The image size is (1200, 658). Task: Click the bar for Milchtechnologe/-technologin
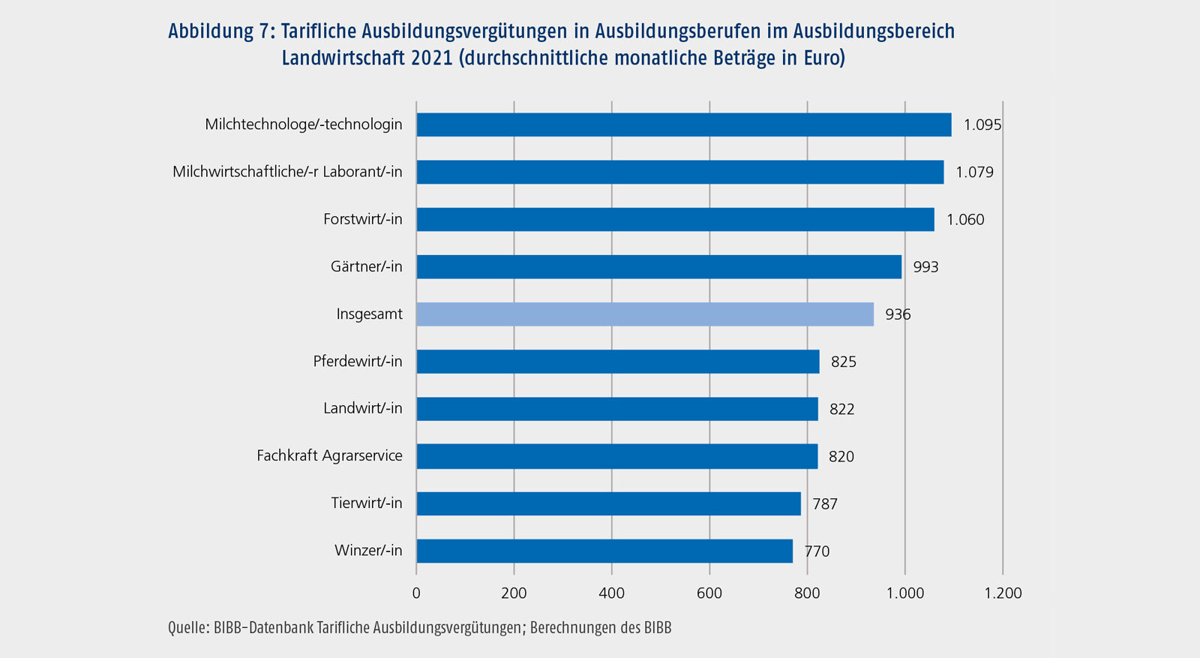click(x=683, y=125)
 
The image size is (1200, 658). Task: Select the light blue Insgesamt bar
click(x=645, y=314)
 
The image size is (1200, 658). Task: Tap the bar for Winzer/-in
click(x=604, y=551)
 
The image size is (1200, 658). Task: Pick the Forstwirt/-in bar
click(x=675, y=220)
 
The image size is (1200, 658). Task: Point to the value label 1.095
click(x=982, y=125)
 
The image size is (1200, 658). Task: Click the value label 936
click(x=898, y=314)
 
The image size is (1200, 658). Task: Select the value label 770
click(x=817, y=551)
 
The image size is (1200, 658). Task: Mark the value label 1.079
click(x=974, y=173)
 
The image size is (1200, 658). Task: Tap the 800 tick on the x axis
click(x=807, y=593)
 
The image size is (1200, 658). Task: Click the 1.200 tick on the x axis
click(x=1003, y=593)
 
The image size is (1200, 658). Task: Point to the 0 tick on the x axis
click(x=416, y=593)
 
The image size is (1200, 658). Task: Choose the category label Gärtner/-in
click(x=366, y=266)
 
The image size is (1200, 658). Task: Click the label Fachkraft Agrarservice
click(x=329, y=455)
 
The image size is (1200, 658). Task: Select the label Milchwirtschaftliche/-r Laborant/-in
click(x=287, y=172)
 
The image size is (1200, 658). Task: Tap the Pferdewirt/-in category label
click(x=358, y=361)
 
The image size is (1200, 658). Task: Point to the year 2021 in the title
click(x=431, y=58)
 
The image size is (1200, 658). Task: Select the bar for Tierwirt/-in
click(x=608, y=503)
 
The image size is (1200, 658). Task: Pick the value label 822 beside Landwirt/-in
click(x=841, y=409)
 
